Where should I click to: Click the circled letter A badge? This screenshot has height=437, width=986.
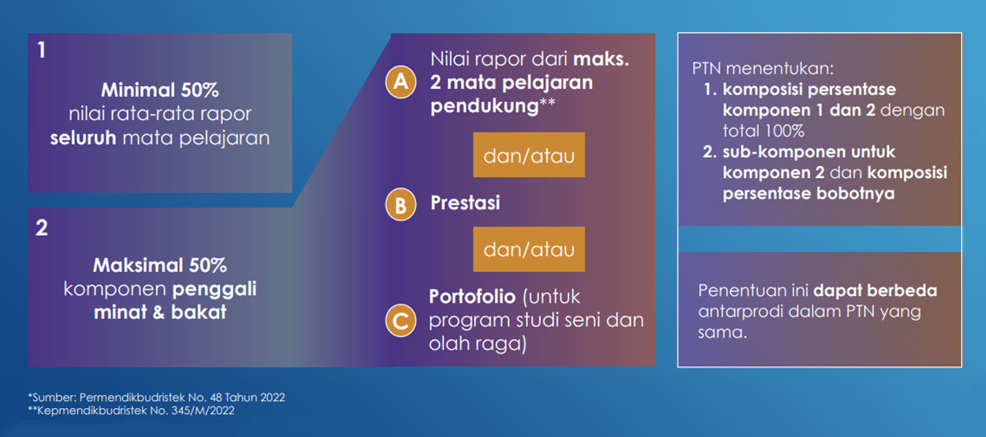point(400,82)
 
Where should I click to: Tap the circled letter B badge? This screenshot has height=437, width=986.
point(400,204)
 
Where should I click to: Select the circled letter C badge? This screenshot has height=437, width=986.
point(400,321)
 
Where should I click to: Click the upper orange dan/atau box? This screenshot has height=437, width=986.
point(529,155)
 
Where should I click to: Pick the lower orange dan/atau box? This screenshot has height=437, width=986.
point(529,249)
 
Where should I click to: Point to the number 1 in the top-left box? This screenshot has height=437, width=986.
point(41,50)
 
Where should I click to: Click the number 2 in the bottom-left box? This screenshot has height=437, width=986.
point(42,228)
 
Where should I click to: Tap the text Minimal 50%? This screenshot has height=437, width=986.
point(160,90)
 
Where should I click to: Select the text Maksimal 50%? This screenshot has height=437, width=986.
point(160,266)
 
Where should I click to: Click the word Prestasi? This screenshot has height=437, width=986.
point(465,203)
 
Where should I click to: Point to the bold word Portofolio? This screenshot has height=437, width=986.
point(472,297)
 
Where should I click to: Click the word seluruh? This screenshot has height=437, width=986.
point(83,138)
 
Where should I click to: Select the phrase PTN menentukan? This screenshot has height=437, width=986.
point(763,69)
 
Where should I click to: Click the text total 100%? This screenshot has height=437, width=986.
point(764,131)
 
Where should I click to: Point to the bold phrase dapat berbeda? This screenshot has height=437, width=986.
point(875,291)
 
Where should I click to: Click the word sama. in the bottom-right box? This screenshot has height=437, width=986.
point(722,332)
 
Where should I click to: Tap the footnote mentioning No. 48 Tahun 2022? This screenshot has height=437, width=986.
point(157,397)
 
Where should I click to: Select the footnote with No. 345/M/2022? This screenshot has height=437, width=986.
point(131,411)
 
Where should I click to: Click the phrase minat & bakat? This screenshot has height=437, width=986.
point(160,312)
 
